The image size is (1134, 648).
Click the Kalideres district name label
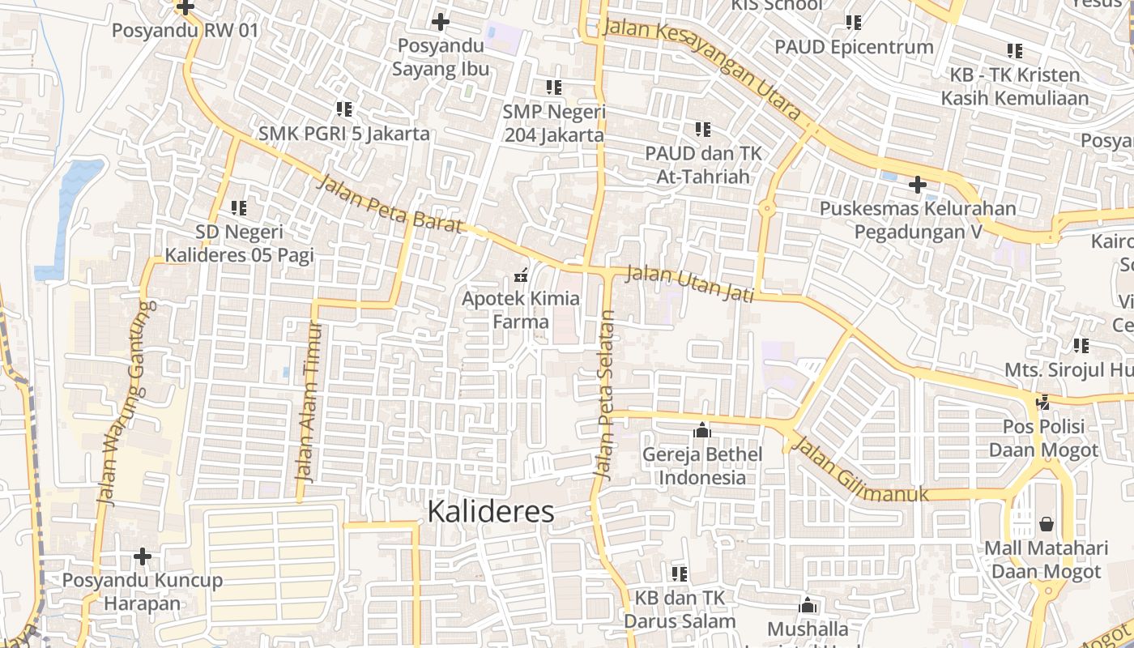click(490, 511)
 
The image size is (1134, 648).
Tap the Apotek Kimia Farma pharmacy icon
click(521, 275)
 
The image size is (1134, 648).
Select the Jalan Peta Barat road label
click(389, 204)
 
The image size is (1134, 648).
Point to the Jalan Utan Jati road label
click(690, 283)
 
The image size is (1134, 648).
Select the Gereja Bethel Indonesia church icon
click(702, 431)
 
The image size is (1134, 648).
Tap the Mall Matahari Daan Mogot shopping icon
click(1047, 524)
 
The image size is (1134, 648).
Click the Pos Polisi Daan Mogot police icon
click(1044, 402)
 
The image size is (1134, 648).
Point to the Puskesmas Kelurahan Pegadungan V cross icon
click(917, 185)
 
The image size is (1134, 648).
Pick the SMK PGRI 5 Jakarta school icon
click(344, 109)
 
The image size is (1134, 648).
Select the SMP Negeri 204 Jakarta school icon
click(554, 87)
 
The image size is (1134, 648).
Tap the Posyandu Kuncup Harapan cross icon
click(143, 556)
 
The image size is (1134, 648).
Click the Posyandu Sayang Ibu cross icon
click(441, 22)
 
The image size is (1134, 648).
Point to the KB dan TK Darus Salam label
click(679, 610)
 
